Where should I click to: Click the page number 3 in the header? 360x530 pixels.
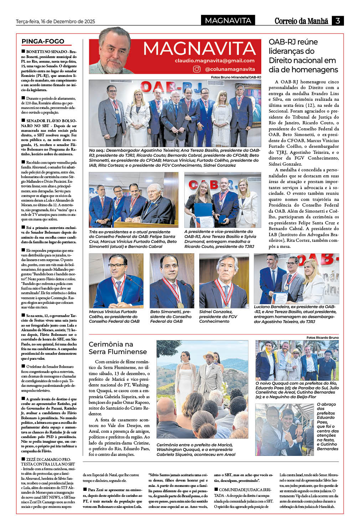click(x=338, y=21)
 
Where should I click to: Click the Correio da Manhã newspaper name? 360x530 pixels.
click(x=301, y=21)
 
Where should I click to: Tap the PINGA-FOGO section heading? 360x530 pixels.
click(x=43, y=41)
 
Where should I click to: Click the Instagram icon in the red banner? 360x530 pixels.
click(x=197, y=69)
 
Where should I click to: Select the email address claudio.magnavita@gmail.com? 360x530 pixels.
click(x=215, y=61)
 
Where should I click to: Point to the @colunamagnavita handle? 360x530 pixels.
click(x=230, y=69)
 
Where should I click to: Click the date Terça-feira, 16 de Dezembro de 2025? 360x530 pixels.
click(x=55, y=21)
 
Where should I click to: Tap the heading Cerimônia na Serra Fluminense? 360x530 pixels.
click(x=118, y=348)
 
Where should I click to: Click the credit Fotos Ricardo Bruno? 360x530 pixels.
click(x=323, y=337)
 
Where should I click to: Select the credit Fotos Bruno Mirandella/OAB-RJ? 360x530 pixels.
click(x=236, y=77)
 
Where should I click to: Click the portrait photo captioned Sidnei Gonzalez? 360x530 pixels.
click(x=224, y=281)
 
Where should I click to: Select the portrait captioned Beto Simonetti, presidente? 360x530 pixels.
click(x=172, y=281)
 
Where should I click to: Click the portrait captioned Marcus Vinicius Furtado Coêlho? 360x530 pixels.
click(x=116, y=281)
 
